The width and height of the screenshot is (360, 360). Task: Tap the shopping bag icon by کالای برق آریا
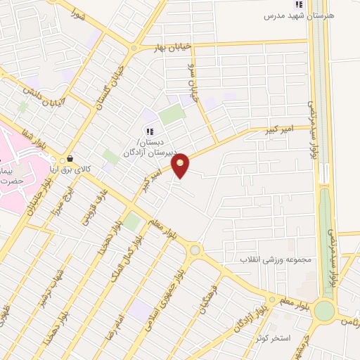coord(70,159)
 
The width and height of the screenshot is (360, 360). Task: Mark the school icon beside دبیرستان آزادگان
coord(149,131)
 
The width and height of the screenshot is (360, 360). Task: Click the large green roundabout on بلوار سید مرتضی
coord(324,310)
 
